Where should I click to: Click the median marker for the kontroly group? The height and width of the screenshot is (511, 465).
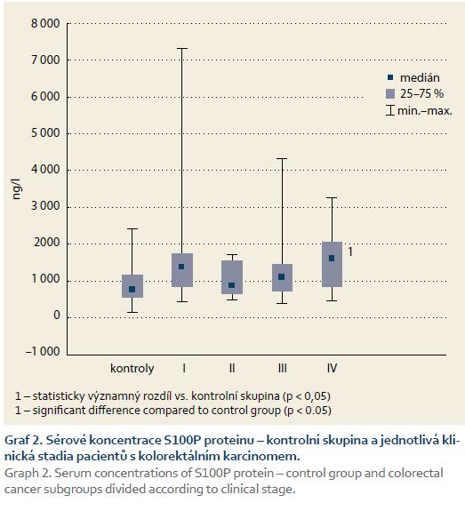132,289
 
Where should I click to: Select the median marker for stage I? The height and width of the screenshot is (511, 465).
181,267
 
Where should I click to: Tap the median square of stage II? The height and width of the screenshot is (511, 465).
231,285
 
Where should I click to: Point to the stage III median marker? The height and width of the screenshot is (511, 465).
282,276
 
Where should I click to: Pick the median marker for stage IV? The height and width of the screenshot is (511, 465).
332,258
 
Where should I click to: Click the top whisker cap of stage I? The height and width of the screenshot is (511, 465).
182,49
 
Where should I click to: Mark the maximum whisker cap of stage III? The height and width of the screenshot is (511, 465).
282,159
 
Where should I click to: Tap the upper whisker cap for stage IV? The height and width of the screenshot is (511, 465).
332,198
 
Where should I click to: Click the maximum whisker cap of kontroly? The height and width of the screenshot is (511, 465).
132,228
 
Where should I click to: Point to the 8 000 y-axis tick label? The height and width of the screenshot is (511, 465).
45,23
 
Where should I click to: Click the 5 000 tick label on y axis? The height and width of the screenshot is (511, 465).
45,133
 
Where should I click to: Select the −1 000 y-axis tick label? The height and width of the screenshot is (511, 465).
43,351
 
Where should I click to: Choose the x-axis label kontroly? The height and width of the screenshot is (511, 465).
132,368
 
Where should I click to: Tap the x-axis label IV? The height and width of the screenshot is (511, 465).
332,368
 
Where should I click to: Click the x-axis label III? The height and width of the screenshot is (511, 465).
283,368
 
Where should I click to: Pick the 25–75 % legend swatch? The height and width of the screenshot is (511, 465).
390,94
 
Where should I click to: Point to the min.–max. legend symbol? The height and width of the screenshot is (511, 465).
390,110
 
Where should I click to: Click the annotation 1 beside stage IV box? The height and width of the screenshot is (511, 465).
350,252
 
